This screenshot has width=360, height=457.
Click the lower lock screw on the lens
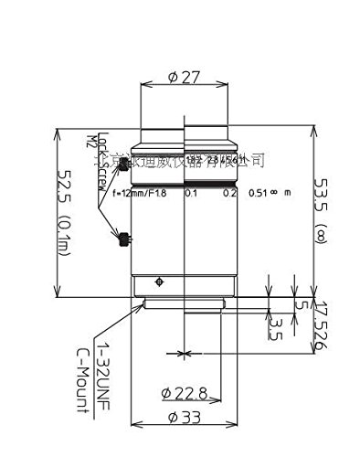click(x=122, y=242)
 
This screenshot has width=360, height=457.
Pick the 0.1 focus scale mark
click(x=191, y=194)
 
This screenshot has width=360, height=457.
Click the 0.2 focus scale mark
click(x=230, y=194)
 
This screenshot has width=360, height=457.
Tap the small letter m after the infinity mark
click(x=287, y=194)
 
